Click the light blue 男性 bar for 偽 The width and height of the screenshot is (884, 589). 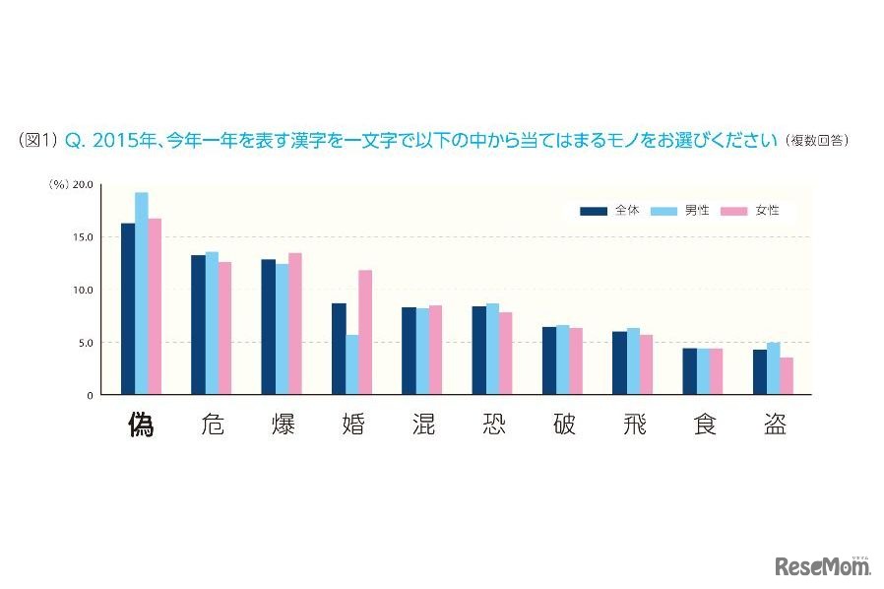point(142,294)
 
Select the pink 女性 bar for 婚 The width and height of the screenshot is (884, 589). point(365,332)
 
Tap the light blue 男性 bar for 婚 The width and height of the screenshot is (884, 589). point(351,364)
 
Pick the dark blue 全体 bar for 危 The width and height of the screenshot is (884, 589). point(198,325)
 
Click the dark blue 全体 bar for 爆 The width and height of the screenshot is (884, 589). point(268,327)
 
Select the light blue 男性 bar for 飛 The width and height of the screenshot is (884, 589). point(632,361)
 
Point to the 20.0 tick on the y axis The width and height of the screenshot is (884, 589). point(83,184)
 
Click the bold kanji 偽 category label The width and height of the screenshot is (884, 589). point(143,425)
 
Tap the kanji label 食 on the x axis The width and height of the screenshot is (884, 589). point(704,425)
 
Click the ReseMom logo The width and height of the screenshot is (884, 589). point(824,566)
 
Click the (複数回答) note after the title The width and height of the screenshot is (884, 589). point(817,142)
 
